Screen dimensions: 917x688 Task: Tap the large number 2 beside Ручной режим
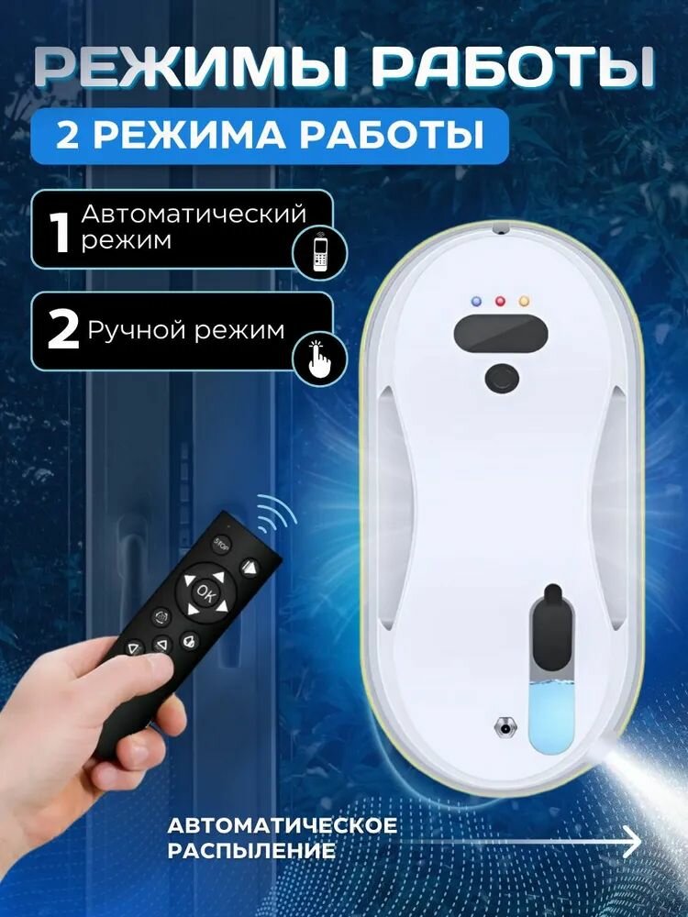[62, 331]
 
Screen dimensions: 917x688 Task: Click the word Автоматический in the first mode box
[194, 215]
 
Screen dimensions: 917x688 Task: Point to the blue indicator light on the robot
[476, 301]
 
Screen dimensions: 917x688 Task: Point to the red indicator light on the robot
[500, 301]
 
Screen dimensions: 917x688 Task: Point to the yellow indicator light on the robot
[524, 301]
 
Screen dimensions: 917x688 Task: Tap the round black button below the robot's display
[501, 376]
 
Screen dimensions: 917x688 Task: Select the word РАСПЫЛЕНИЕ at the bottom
[250, 850]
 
